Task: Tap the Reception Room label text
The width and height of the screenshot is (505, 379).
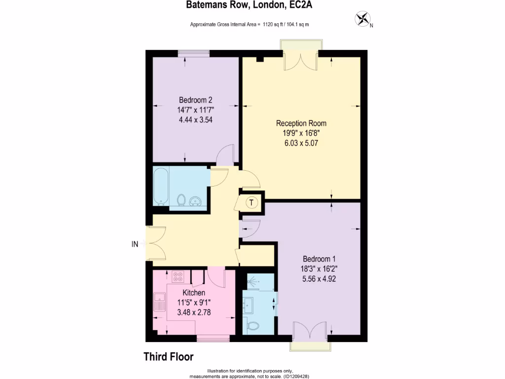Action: [301, 123]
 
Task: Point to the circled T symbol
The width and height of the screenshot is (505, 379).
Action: [252, 202]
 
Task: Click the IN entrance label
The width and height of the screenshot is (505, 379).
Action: [134, 243]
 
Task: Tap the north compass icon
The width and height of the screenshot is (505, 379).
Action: [362, 19]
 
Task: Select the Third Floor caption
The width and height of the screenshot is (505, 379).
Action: [168, 356]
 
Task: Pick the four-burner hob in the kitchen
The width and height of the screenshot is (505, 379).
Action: [178, 277]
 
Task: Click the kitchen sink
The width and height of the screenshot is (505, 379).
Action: [159, 301]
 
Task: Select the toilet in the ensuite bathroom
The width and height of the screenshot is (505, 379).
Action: [253, 325]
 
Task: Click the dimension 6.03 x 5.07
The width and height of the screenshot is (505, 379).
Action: [301, 143]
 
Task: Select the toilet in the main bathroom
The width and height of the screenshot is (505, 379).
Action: [181, 200]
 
